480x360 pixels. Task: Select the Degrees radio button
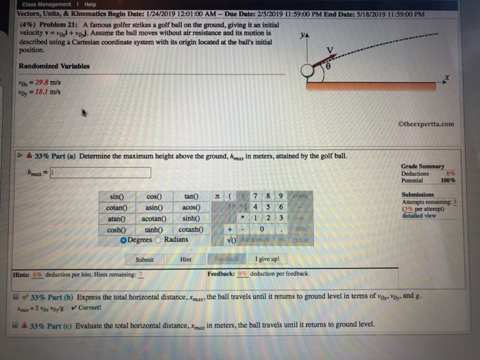coord(123,239)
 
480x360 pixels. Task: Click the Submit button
coord(145,260)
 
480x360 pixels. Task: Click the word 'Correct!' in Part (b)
coord(91,307)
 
